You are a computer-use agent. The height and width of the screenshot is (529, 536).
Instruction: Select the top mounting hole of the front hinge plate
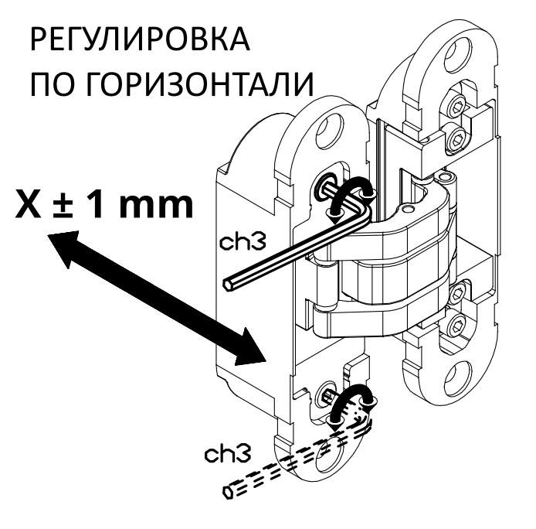point(334,125)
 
